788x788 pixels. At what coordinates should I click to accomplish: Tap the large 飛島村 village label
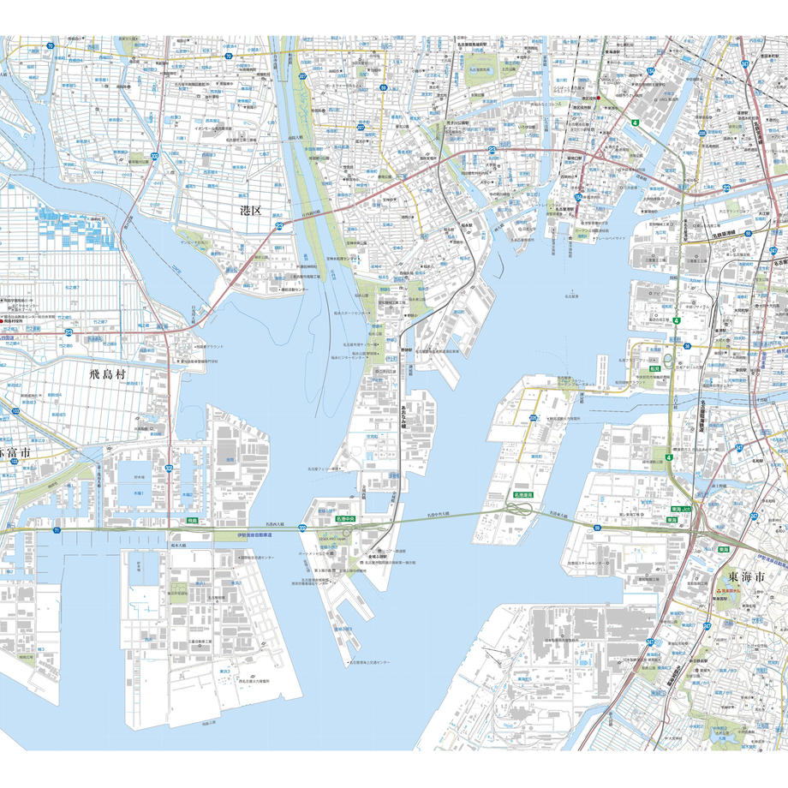coord(113,374)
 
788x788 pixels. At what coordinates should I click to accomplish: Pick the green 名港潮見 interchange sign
coord(523,495)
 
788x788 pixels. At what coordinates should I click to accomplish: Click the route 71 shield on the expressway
coord(57,531)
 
